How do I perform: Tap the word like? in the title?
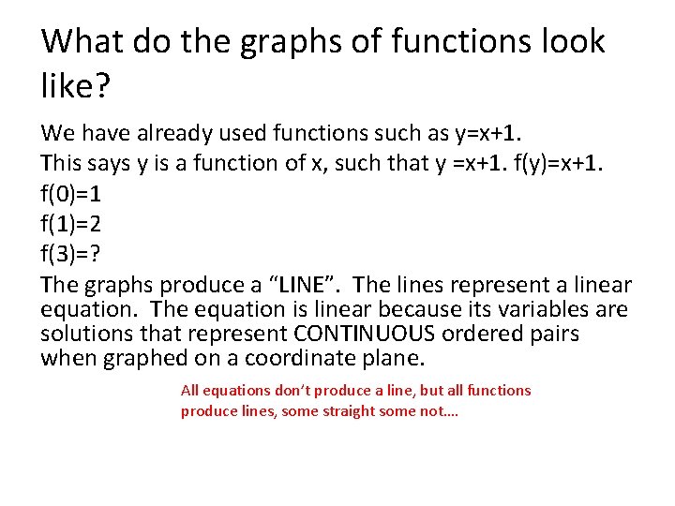tap(77, 87)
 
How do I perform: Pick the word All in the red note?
tap(190, 390)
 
